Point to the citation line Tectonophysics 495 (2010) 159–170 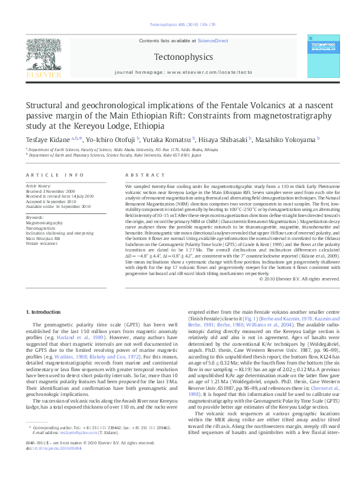tap(180, 25)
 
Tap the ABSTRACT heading tap(139, 174)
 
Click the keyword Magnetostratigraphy tap(42, 222)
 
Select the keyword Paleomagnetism tap(39, 227)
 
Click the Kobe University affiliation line tap(115, 154)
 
